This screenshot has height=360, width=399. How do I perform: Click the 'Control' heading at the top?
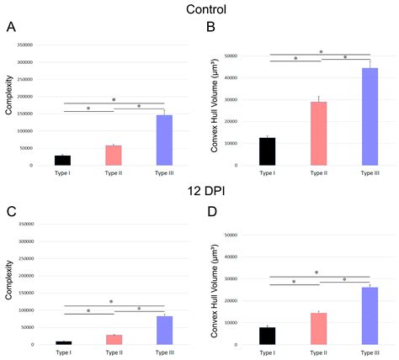pos(199,10)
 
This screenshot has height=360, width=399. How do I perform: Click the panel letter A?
pos(11,27)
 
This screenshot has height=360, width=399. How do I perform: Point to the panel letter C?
pos(11,210)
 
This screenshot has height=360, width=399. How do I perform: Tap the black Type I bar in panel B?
pos(267,151)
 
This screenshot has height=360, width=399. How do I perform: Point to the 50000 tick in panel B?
pos(247,56)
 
